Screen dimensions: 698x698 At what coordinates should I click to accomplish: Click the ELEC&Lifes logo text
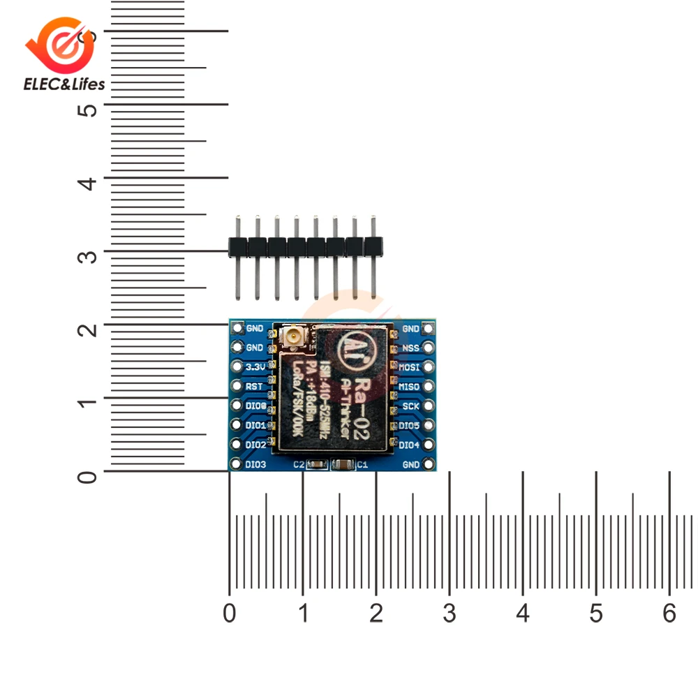click(x=64, y=84)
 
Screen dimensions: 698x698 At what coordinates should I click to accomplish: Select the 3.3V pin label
click(x=254, y=366)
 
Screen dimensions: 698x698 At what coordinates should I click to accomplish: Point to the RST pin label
click(x=254, y=386)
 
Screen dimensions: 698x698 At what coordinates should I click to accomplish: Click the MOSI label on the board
click(x=410, y=366)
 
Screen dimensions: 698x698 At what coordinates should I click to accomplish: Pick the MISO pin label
click(x=410, y=386)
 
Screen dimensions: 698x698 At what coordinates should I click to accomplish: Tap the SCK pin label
click(x=410, y=406)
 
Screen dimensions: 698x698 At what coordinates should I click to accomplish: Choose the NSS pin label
click(x=410, y=347)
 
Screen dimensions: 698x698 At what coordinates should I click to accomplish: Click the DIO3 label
click(x=255, y=464)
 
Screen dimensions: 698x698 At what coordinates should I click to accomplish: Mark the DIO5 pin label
click(x=409, y=425)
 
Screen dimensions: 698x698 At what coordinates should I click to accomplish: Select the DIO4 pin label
click(x=409, y=445)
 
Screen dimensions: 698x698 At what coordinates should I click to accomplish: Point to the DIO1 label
click(x=255, y=425)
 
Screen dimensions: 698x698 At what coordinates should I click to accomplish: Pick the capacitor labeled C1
click(x=343, y=464)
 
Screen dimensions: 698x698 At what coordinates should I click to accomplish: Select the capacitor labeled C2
click(x=317, y=464)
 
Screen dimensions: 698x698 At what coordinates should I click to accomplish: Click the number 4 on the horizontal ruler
click(x=523, y=614)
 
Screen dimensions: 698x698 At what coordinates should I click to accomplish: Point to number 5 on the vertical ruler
click(x=87, y=110)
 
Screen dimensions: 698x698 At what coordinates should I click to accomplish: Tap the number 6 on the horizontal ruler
click(x=669, y=614)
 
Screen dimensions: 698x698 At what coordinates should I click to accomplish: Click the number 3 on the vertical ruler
click(x=87, y=256)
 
